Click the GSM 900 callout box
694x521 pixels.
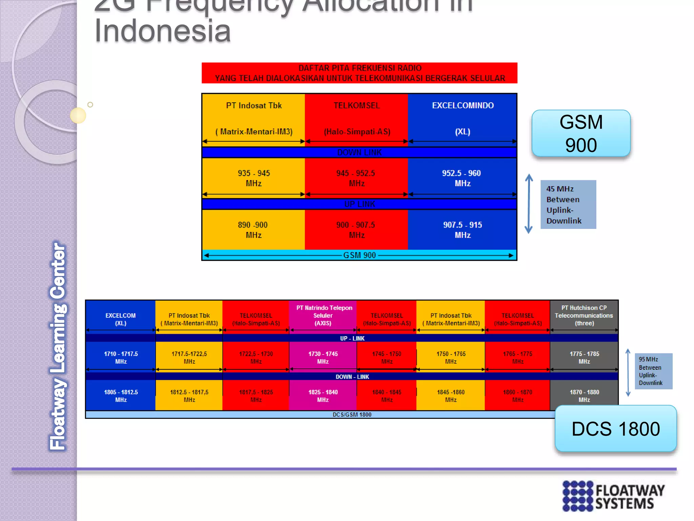pos(581,133)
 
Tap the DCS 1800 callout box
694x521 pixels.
pos(615,428)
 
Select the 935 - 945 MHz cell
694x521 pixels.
pos(253,178)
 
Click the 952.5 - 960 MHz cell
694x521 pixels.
pos(462,178)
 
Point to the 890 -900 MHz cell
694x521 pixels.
pos(253,230)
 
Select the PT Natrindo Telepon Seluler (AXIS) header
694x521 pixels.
pos(324,315)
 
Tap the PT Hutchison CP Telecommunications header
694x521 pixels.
pos(584,315)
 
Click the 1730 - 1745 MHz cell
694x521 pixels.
pos(323,358)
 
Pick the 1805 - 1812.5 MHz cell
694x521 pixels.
pos(121,395)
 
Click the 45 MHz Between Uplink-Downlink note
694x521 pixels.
pos(568,205)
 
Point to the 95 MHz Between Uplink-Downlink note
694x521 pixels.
pos(653,371)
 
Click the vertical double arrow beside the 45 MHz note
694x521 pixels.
pos(529,204)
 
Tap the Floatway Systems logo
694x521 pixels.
pos(613,496)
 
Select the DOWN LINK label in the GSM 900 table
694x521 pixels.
pos(359,153)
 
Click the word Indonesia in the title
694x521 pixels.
pos(163,31)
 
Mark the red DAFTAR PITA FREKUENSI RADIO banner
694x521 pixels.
pos(359,73)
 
